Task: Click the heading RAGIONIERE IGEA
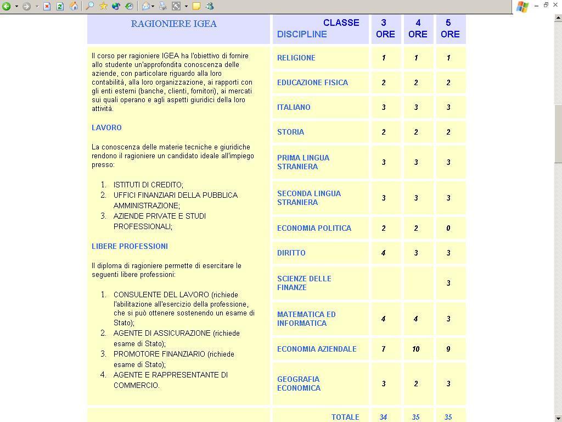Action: tap(173, 24)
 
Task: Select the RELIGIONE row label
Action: tap(296, 58)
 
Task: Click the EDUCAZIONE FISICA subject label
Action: tap(312, 82)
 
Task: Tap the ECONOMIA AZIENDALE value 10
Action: tap(415, 349)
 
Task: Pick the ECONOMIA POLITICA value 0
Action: tap(448, 228)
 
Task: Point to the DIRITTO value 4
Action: tap(383, 253)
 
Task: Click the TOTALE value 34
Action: tap(383, 417)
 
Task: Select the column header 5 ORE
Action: tap(450, 29)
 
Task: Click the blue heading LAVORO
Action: tap(106, 127)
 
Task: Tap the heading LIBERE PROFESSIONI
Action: tap(130, 246)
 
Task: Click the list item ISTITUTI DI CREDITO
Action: tap(148, 185)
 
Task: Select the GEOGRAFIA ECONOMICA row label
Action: tap(299, 384)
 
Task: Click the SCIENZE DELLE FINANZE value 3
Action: tap(448, 283)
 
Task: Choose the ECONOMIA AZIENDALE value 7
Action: tap(383, 349)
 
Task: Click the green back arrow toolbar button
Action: tap(7, 7)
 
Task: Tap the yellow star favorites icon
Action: tap(103, 7)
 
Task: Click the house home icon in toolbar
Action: tap(74, 7)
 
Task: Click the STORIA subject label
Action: tap(290, 132)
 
